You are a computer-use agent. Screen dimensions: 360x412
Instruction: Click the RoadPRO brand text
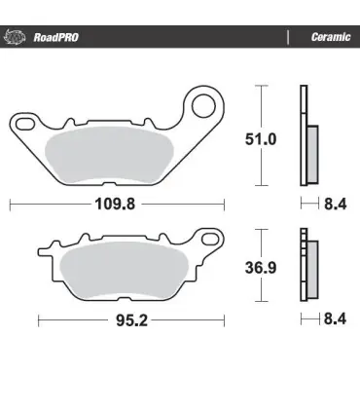56,37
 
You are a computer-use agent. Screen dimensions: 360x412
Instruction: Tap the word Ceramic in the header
331,37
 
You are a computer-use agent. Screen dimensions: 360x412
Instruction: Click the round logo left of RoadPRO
15,37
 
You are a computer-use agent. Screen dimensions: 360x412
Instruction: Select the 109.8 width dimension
115,205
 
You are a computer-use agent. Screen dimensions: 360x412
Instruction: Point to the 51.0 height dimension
261,139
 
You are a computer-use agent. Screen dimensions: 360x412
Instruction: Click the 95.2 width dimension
131,320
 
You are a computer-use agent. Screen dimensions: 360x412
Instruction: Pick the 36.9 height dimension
261,268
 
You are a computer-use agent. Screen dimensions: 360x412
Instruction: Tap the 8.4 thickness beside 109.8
336,205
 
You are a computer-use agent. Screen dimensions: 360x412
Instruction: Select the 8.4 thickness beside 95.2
336,318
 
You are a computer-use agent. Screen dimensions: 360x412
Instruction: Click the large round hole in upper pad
203,106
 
